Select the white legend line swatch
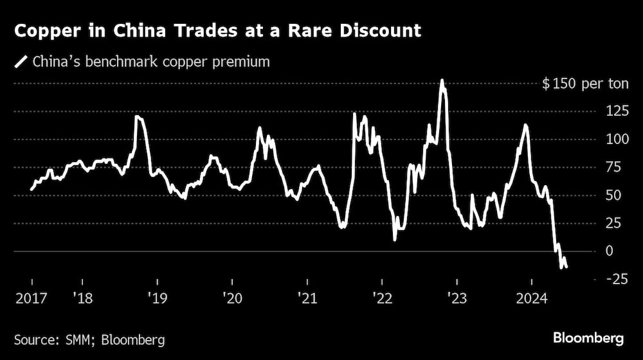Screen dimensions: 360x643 (x=21, y=62)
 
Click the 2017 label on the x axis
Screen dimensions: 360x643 (x=31, y=298)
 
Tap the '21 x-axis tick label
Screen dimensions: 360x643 (x=307, y=298)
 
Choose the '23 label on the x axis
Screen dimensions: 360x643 (x=456, y=298)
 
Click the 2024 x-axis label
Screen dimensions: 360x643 (x=531, y=298)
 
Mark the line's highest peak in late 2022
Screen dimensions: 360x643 (x=442, y=80)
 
